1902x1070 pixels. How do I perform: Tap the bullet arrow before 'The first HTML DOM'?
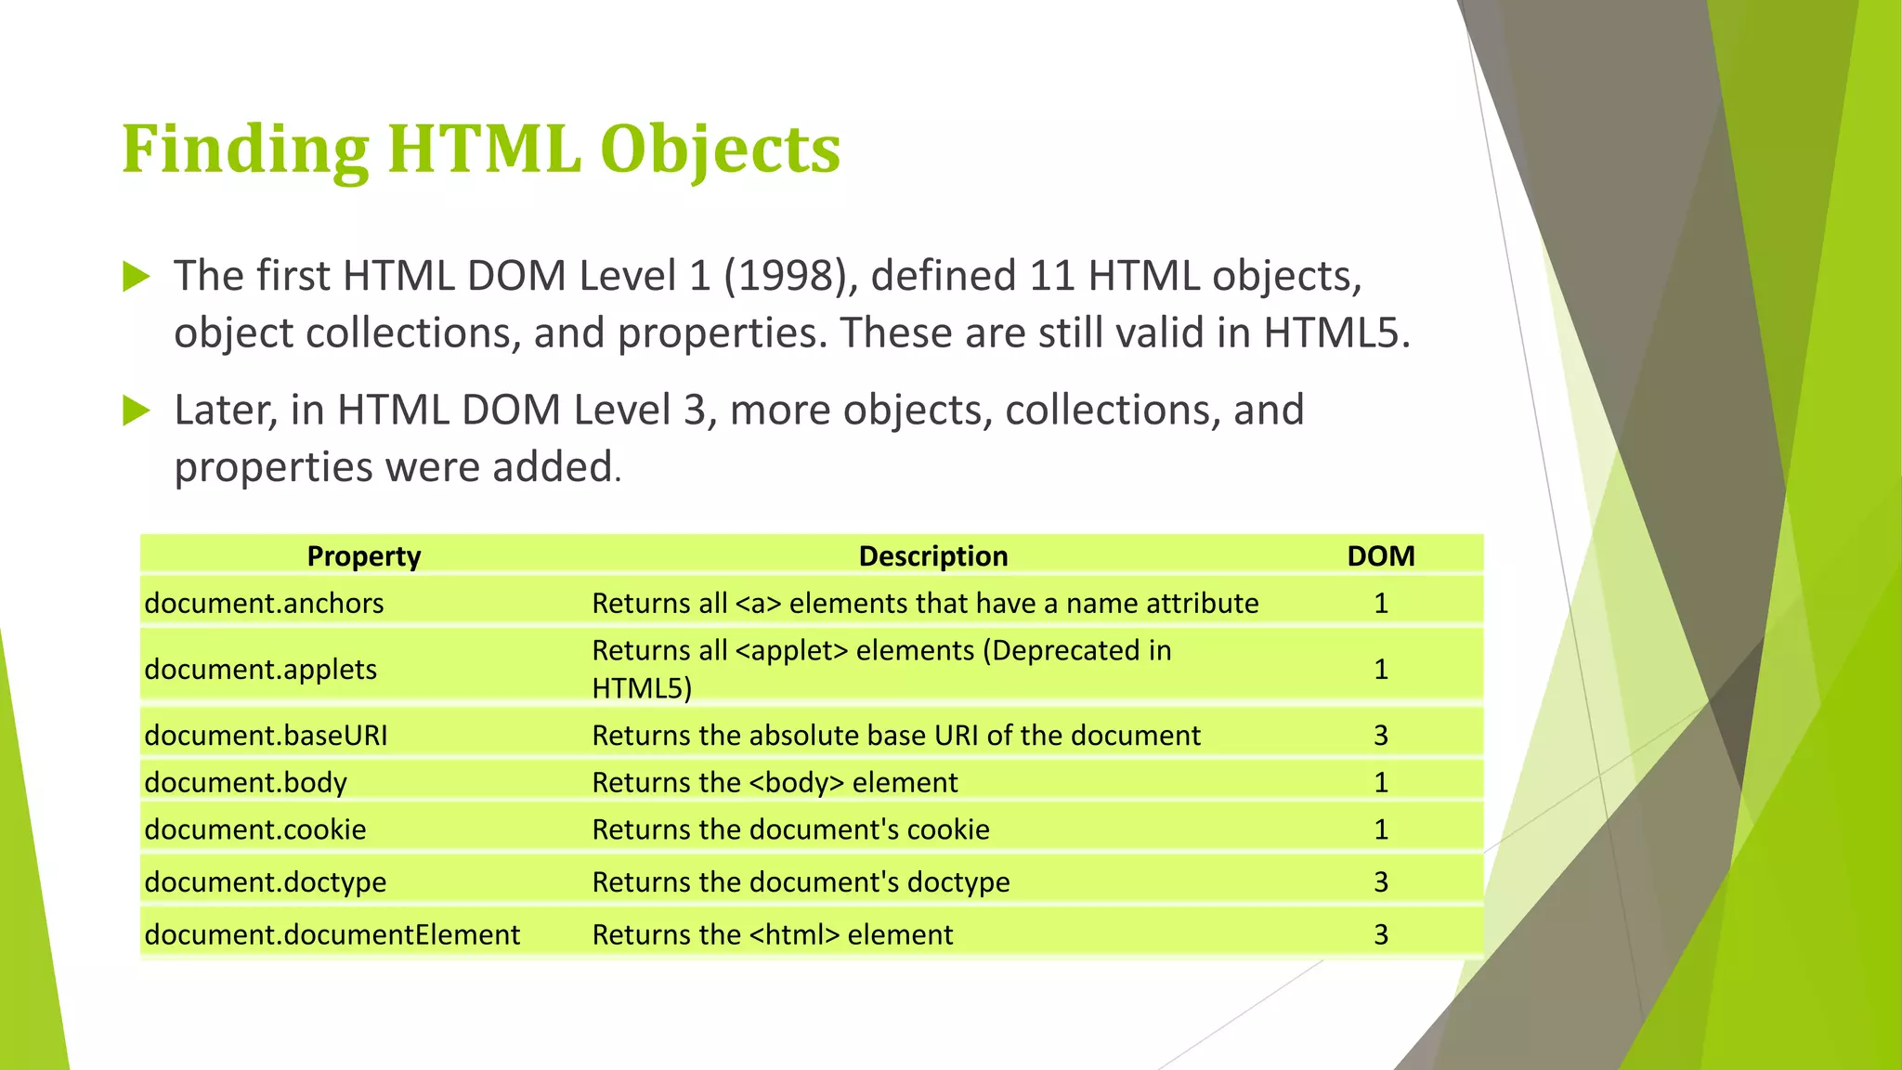tap(137, 276)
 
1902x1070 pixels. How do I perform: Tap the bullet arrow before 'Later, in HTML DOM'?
tap(137, 410)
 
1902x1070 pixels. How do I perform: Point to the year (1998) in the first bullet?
tap(790, 276)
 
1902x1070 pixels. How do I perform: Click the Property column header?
tap(364, 555)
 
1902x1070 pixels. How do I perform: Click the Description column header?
tap(932, 555)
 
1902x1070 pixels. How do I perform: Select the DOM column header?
tap(1381, 555)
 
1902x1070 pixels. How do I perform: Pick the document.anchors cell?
tap(264, 603)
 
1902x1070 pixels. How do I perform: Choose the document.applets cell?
tap(261, 669)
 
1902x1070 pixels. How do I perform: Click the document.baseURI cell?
tap(266, 735)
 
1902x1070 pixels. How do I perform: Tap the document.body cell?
tap(245, 782)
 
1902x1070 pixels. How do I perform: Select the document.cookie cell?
tap(255, 829)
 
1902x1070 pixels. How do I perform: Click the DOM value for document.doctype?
tap(1381, 881)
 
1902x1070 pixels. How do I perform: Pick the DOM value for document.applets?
tap(1381, 669)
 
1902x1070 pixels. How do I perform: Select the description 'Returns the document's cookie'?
tap(791, 829)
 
